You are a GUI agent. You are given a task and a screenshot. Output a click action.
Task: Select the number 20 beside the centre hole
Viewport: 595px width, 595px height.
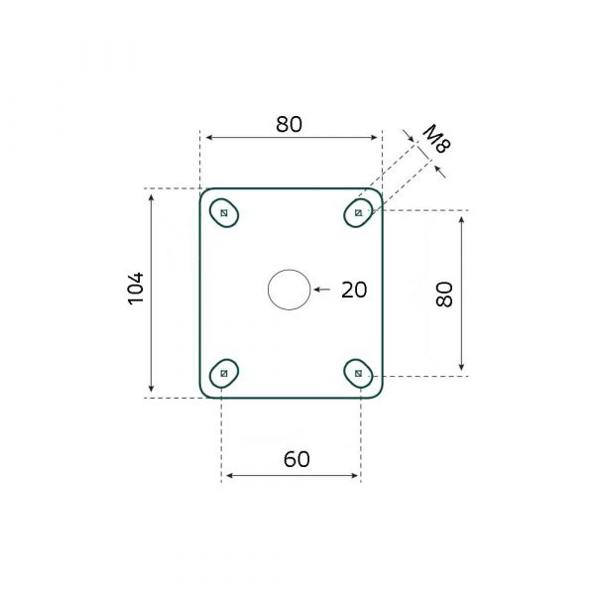pos(354,290)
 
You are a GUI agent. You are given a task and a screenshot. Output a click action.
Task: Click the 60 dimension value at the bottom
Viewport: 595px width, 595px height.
pos(297,459)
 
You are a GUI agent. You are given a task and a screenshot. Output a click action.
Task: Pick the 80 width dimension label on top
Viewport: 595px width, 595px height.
pos(289,124)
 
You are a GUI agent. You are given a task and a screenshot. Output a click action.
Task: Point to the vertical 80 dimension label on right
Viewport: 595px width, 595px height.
pos(444,294)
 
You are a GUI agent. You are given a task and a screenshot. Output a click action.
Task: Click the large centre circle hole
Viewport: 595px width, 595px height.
pos(289,290)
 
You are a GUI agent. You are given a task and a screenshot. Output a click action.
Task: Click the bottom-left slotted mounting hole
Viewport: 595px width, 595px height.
pos(225,373)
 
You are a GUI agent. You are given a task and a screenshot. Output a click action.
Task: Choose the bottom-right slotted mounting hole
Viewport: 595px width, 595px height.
pos(358,373)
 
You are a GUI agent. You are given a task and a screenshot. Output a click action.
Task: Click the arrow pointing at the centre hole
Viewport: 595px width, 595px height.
pos(319,290)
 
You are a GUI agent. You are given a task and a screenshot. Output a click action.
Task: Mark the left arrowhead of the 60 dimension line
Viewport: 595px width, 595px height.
pos(226,476)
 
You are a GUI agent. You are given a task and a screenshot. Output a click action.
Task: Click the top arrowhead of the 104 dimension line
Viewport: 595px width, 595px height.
pos(152,196)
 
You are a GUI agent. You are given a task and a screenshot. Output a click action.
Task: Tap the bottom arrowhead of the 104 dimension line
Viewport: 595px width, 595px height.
pos(152,390)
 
